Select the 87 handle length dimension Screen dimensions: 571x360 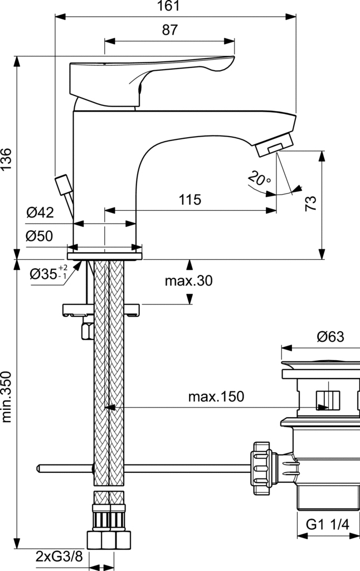[x=170, y=31]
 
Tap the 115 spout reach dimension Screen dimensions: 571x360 [x=190, y=200]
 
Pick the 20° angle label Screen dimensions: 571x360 [x=259, y=178]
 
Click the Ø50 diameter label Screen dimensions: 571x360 [x=39, y=236]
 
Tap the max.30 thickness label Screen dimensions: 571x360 [x=188, y=280]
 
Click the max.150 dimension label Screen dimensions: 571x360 [x=216, y=396]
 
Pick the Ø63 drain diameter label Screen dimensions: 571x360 [x=330, y=336]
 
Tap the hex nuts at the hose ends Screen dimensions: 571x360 [x=109, y=540]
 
